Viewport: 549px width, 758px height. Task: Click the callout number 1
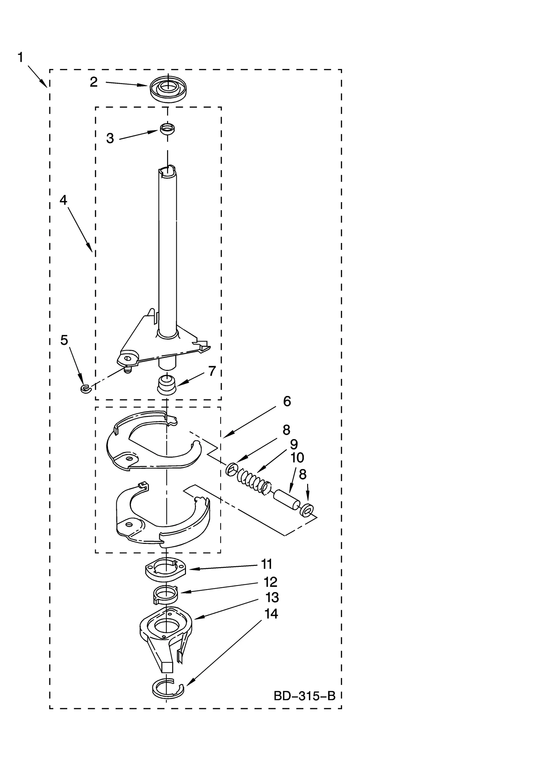pos(21,57)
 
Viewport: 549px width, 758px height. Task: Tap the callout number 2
pos(94,82)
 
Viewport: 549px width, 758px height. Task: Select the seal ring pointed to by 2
pos(168,90)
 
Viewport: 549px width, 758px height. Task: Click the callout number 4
pos(63,200)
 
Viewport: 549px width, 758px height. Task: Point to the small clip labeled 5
pos(84,388)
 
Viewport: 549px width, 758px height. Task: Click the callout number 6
pos(287,401)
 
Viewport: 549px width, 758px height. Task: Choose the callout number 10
pos(297,457)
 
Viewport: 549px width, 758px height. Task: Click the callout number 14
pos(271,614)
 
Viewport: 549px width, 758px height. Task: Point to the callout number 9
pos(294,444)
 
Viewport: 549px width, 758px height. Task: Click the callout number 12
pos(270,582)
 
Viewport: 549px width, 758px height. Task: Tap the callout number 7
pos(212,371)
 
